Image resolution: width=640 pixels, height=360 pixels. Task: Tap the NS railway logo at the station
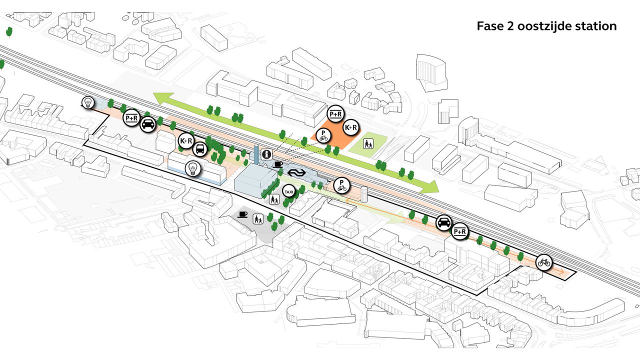296,173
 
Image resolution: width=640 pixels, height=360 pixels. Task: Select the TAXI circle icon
289,191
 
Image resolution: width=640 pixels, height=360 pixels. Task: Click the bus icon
199,149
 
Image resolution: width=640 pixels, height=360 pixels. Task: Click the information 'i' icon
266,155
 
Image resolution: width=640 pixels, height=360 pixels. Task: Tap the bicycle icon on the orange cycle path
544,262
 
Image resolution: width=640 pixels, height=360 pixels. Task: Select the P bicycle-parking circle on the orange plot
323,135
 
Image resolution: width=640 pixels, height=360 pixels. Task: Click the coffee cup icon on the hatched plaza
243,214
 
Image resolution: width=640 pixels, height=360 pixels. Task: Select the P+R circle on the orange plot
335,114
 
